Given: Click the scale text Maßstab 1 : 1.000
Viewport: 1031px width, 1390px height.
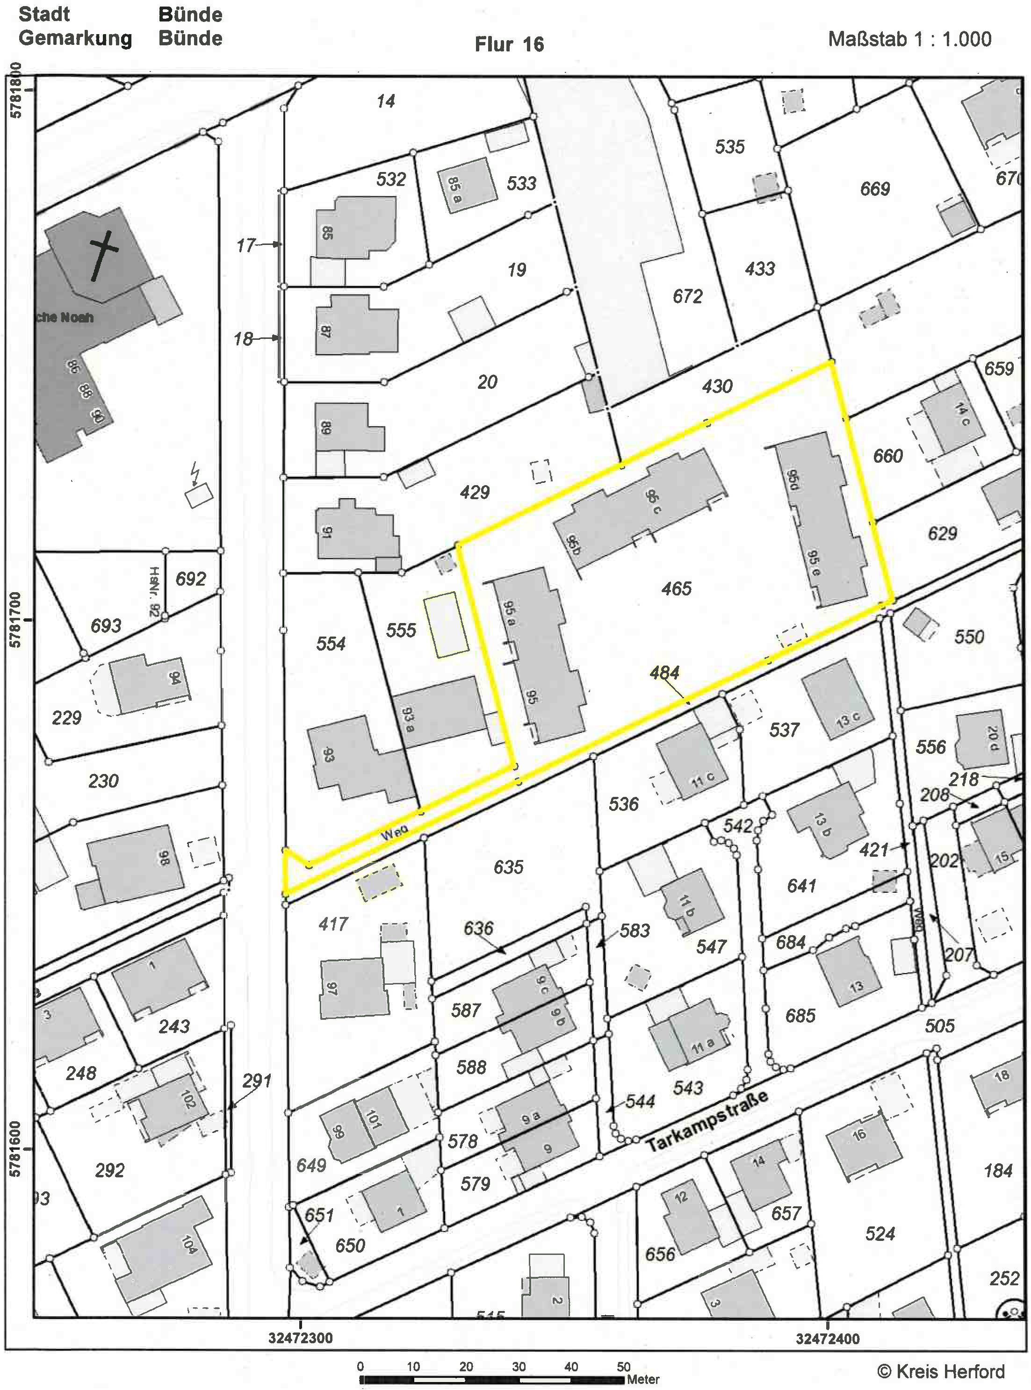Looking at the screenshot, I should click(909, 39).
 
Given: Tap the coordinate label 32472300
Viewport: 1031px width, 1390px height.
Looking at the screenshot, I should click(301, 1338).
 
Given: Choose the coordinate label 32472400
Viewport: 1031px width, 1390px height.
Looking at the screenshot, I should click(828, 1338).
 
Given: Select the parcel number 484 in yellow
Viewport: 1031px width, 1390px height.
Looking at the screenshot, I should click(664, 673).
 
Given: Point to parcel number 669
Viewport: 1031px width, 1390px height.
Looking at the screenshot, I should click(874, 188).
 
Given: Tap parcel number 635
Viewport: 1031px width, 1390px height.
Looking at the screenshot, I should click(508, 867).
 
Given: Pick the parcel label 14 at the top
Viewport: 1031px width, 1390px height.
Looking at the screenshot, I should click(386, 101).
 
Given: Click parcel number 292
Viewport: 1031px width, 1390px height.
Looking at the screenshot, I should click(110, 1170).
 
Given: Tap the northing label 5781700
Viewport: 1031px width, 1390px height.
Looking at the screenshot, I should click(15, 619).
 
